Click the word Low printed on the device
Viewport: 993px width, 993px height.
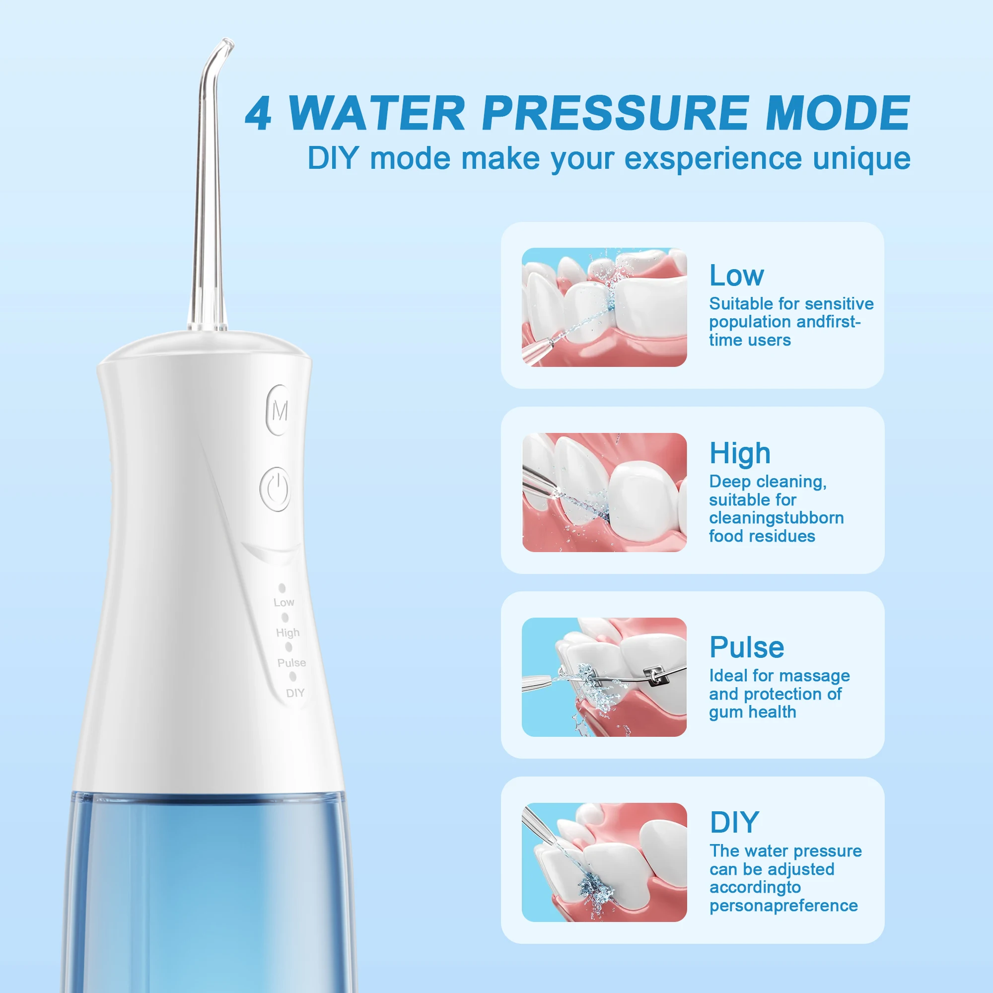pos(284,602)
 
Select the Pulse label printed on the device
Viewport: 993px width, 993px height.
pos(291,663)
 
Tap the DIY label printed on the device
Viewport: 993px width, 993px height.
pos(295,693)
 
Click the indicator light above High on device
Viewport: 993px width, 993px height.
pos(285,617)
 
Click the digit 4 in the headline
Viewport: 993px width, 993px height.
pos(259,114)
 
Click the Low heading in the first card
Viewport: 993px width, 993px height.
pos(736,276)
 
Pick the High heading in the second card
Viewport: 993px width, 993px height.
pos(740,453)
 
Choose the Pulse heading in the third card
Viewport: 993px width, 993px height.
pos(746,647)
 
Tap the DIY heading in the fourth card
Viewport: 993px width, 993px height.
pos(734,822)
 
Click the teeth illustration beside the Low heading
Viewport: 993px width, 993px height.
pos(604,307)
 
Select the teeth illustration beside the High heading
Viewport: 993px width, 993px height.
pos(604,493)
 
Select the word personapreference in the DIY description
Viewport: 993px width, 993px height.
pos(783,905)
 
